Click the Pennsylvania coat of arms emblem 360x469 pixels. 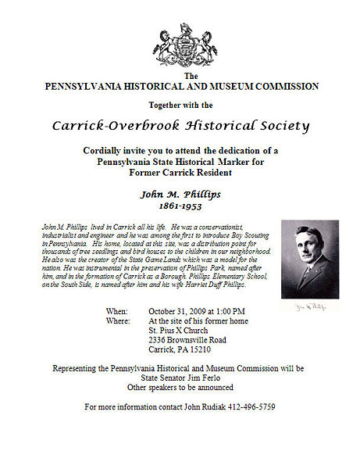(185, 45)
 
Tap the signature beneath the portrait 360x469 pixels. (308, 306)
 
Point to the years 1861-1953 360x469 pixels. (180, 209)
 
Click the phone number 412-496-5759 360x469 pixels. (248, 407)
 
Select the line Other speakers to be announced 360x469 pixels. (180, 387)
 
